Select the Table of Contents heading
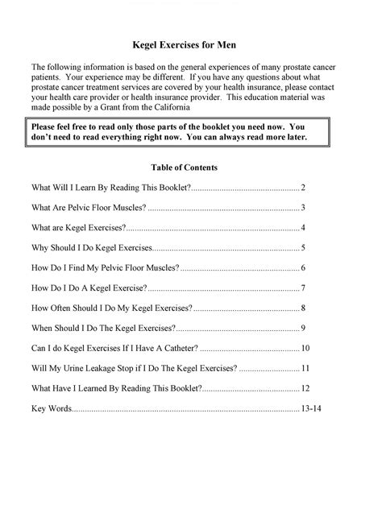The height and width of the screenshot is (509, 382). coord(184,168)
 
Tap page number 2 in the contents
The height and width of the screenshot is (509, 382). coord(302,188)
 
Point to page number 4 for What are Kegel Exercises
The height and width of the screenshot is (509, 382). coord(302,228)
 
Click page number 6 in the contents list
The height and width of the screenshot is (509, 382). coord(302,268)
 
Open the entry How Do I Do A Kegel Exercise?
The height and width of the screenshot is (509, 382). coord(89,288)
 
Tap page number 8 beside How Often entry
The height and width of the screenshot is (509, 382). coord(302,308)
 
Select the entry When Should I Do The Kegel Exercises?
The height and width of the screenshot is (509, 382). coord(103,329)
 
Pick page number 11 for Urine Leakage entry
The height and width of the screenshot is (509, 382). coord(305,369)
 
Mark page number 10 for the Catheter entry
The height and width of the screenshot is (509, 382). coord(305,349)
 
